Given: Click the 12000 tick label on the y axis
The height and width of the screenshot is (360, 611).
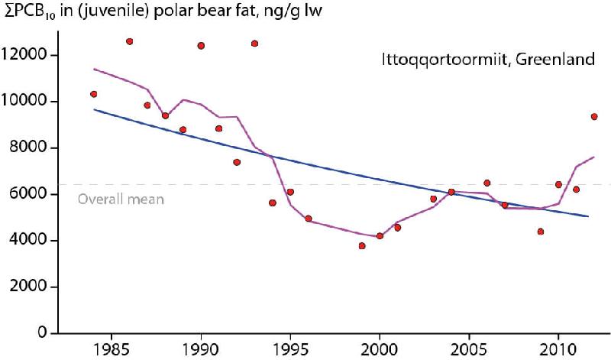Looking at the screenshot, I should (27, 55).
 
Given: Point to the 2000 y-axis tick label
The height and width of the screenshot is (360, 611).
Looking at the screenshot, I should (31, 287).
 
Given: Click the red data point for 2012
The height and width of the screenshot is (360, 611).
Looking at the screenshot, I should (594, 117).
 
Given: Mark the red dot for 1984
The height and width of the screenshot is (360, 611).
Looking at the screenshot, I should (94, 94).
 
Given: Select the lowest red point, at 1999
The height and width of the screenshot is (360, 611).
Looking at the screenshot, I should (362, 245).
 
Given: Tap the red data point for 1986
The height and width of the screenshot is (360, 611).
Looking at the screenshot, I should (129, 41).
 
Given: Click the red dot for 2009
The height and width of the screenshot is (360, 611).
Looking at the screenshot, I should (541, 232).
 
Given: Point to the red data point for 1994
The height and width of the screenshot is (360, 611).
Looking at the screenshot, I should (273, 203).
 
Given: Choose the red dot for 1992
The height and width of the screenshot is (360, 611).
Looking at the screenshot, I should (237, 162).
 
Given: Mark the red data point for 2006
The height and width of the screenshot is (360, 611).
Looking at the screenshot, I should (487, 183).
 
